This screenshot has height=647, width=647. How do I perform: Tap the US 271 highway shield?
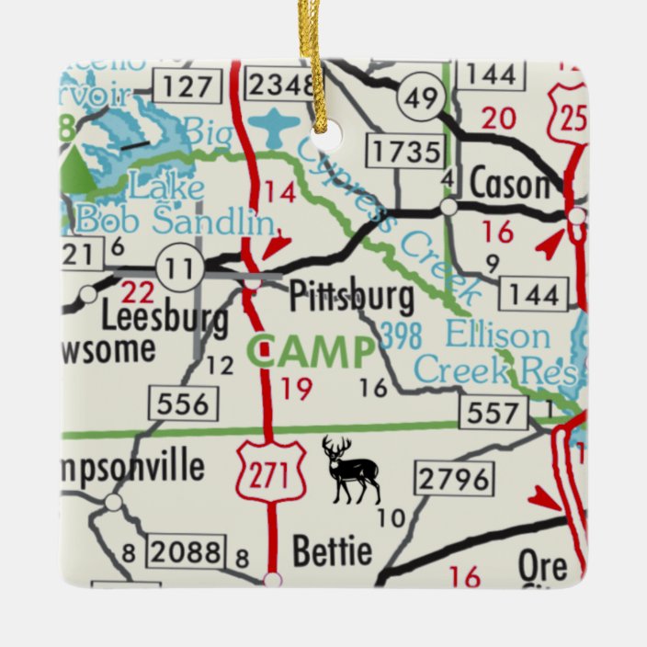pyautogui.click(x=270, y=473)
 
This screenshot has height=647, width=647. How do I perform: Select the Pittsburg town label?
pyautogui.click(x=351, y=299)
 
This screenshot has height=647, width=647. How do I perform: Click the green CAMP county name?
pyautogui.click(x=312, y=352)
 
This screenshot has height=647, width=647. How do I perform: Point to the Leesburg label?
pyautogui.click(x=165, y=318)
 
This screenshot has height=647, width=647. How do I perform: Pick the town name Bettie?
pyautogui.click(x=332, y=551)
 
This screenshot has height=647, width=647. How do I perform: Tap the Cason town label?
pyautogui.click(x=508, y=185)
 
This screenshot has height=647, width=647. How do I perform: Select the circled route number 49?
pyautogui.click(x=421, y=96)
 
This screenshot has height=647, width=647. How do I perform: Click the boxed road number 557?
pyautogui.click(x=497, y=413)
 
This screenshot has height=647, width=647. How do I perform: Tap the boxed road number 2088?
pyautogui.click(x=187, y=551)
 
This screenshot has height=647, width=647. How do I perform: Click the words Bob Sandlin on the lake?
pyautogui.click(x=175, y=221)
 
